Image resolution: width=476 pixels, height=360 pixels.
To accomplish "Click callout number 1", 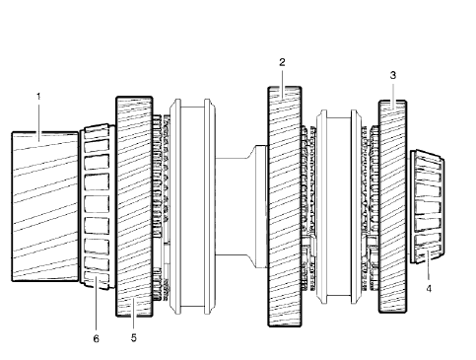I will (x=38, y=97).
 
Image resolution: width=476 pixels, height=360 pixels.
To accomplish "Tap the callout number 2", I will (x=282, y=62).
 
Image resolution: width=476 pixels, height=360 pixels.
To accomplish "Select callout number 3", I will (x=393, y=75).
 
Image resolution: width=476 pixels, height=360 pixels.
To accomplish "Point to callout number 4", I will (x=429, y=290).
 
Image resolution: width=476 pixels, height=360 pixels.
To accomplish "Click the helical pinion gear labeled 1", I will (x=45, y=207).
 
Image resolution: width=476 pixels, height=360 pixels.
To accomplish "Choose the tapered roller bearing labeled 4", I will (x=429, y=207).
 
